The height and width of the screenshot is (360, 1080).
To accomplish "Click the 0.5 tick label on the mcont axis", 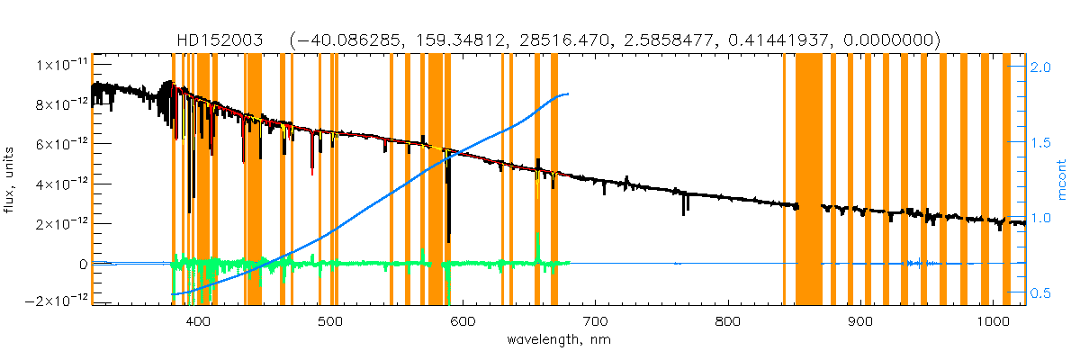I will pos(1040,292).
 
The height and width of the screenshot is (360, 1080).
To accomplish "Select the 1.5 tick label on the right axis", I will pos(1040,142).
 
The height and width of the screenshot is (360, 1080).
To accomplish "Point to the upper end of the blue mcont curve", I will pos(567,94).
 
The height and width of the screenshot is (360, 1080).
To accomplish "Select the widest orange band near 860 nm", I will pos(809,180).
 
